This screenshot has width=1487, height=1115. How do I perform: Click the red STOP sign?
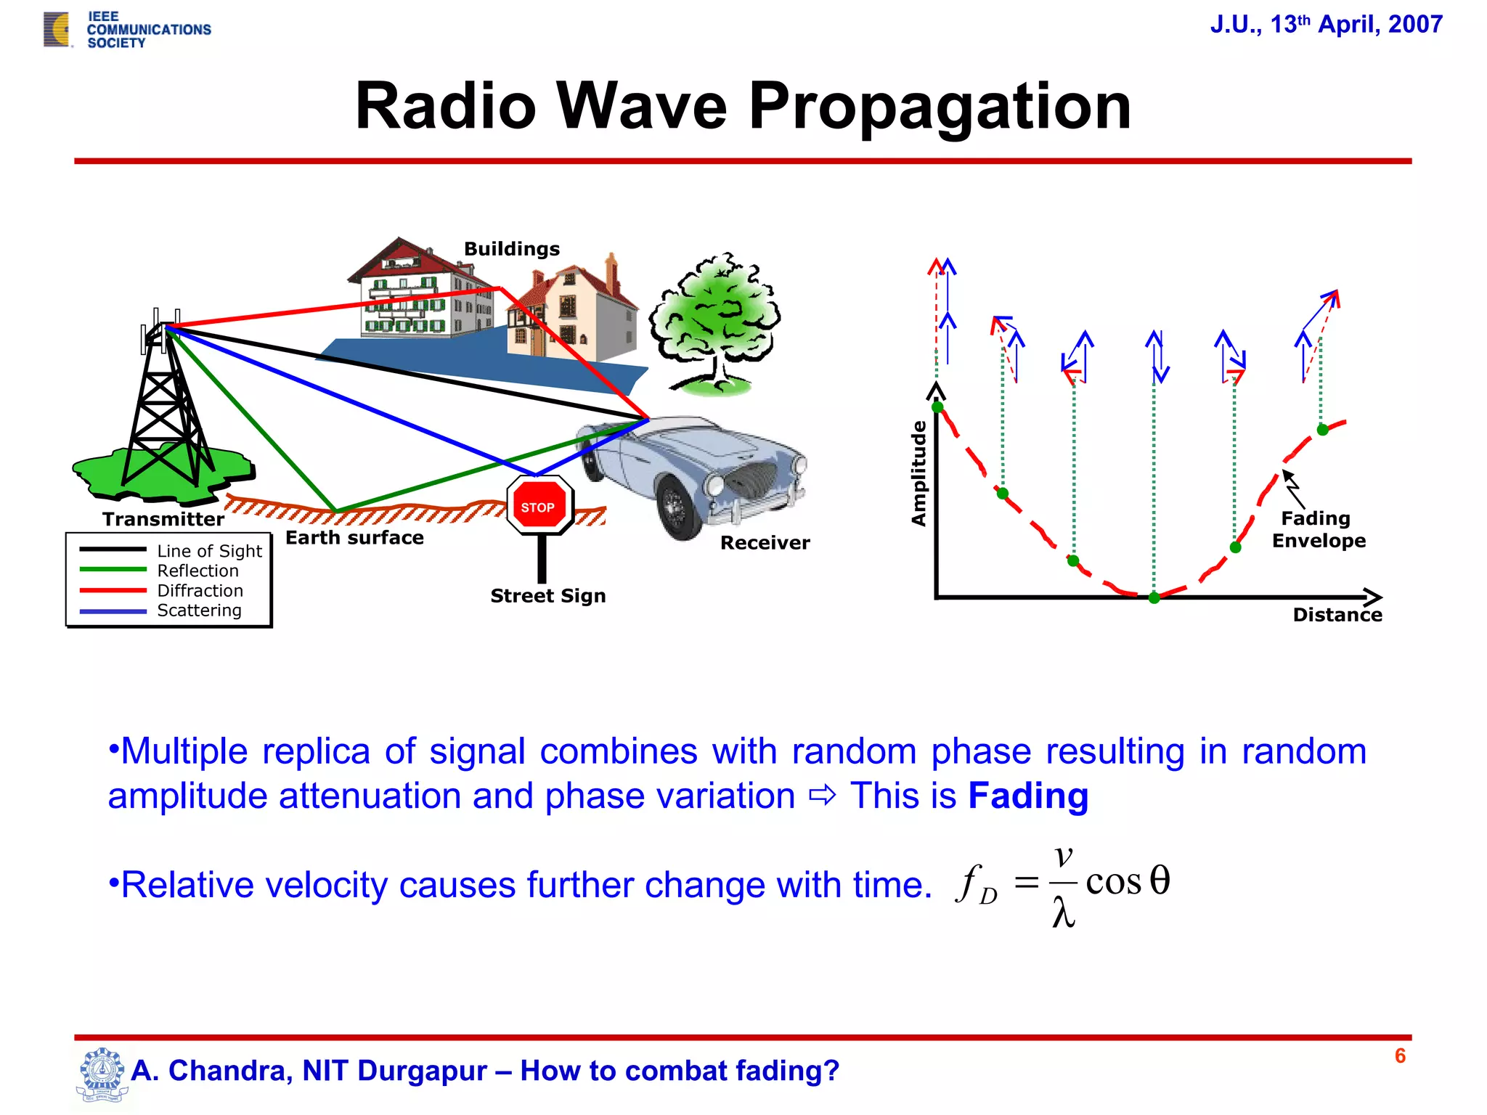(x=539, y=506)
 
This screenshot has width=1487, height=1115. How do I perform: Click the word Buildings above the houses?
(x=512, y=249)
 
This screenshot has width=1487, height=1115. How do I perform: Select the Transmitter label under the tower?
(x=163, y=519)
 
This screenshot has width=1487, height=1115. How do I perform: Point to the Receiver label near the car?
(x=765, y=543)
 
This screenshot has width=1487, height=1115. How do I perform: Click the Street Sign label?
(x=548, y=596)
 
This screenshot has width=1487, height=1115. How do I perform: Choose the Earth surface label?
(x=354, y=538)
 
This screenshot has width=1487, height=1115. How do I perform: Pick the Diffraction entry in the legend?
(x=200, y=591)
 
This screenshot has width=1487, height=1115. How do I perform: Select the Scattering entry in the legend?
(x=199, y=610)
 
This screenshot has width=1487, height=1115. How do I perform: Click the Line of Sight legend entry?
(x=209, y=551)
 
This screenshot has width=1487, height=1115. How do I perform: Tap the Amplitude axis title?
(x=919, y=473)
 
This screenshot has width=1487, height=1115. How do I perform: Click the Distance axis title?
(x=1337, y=615)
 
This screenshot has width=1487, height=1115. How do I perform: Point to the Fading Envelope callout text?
(x=1318, y=529)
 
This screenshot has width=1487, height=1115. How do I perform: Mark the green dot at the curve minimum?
(x=1154, y=597)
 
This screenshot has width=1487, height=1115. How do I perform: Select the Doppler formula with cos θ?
(x=1063, y=884)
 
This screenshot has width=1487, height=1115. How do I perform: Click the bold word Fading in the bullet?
(x=1028, y=796)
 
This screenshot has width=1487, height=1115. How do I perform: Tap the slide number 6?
(x=1400, y=1055)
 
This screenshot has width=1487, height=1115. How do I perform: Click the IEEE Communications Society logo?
(x=128, y=30)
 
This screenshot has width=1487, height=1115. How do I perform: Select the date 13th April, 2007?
(x=1326, y=25)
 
